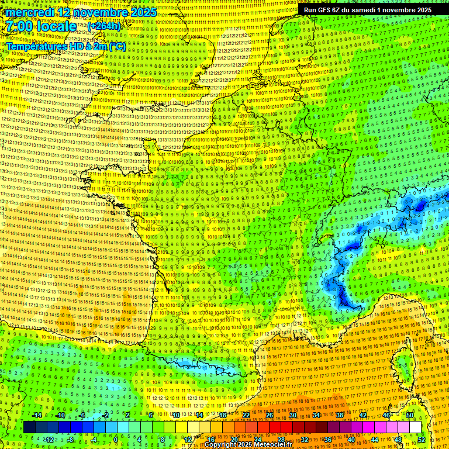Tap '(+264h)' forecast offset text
[x=103, y=26]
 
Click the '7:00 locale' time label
[x=41, y=26]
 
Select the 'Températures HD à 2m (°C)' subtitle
[x=65, y=46]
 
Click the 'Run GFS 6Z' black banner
[x=367, y=10]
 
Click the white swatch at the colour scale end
[x=415, y=427]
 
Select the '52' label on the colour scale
[x=422, y=440]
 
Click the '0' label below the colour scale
[x=116, y=440]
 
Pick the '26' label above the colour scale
[x=270, y=415]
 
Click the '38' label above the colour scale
[x=340, y=415]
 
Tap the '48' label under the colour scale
[x=398, y=440]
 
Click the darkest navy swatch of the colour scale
[x=29, y=427]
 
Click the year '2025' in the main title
[x=143, y=12]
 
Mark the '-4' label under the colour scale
[x=94, y=440]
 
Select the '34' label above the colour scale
[x=316, y=415]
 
